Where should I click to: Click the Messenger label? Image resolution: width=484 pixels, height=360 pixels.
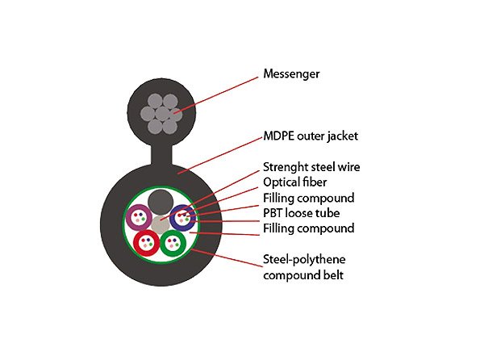[x=291, y=74]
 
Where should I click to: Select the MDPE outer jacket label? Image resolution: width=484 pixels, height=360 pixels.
[x=311, y=136]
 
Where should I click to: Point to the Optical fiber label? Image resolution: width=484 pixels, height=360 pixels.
[x=294, y=182]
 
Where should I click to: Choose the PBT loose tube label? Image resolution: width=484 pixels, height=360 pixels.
[x=301, y=213]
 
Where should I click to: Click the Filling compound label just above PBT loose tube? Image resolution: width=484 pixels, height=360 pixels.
[x=308, y=198]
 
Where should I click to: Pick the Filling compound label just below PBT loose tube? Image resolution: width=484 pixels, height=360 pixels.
[x=308, y=228]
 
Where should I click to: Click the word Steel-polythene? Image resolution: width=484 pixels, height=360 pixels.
[x=304, y=260]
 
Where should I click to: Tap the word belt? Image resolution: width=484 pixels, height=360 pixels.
[x=333, y=275]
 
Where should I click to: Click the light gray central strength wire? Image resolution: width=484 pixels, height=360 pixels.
[x=161, y=224]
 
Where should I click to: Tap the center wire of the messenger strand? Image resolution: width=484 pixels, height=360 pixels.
[x=162, y=114]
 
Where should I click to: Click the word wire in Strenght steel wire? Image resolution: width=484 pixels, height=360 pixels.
[x=348, y=167]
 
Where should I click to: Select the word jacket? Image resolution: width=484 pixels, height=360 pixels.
[x=343, y=136]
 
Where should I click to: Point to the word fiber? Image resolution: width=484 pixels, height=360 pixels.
[x=315, y=182]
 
